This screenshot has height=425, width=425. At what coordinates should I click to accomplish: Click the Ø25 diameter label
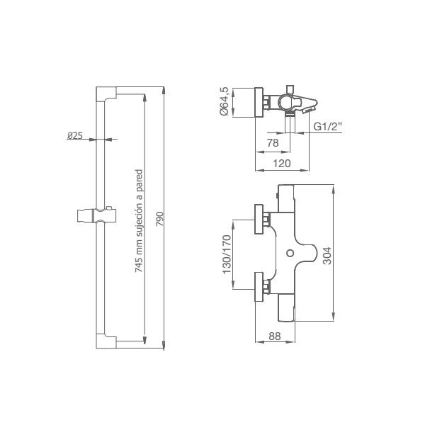coord(75,135)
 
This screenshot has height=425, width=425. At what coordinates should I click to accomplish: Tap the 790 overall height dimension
coord(161,220)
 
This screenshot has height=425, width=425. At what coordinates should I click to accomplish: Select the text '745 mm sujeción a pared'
coord(139,221)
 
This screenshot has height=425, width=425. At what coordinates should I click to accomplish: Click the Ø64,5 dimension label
coord(225,101)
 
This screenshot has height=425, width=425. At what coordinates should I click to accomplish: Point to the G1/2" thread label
coord(328,127)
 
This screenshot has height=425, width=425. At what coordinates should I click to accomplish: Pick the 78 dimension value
coord(273,143)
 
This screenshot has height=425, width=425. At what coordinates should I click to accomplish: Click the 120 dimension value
coord(282,164)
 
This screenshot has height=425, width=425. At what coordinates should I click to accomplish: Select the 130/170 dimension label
coord(227,254)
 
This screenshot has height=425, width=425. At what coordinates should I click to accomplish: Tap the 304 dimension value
coord(327,256)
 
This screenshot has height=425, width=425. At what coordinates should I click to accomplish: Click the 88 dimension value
coord(275,336)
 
